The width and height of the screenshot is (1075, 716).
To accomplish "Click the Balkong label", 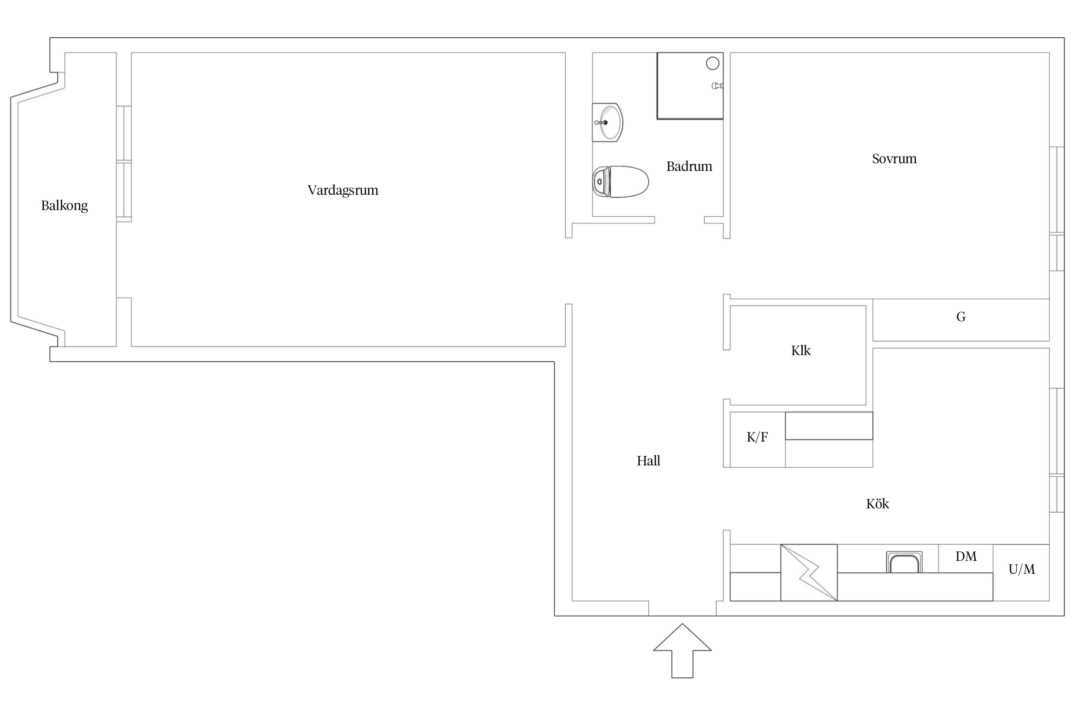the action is coord(64,206).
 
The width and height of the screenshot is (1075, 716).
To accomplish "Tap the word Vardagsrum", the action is coord(343,190).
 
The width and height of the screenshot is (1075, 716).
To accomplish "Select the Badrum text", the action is coord(689,166).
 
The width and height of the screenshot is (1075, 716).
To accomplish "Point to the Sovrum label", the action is coord(894,158).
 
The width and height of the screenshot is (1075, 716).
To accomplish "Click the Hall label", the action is coord(648,461).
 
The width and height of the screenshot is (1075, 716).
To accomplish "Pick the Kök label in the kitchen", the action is coord(878,504).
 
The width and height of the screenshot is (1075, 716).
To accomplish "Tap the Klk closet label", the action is coord(801,350).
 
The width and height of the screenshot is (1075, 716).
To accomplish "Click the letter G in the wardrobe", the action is coord(961,316).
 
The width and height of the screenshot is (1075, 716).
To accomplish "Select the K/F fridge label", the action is coord(757,437).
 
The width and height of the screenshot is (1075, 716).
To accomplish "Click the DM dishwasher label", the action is coord(966,556).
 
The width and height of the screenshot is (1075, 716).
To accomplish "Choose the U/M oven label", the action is coord(1021,569).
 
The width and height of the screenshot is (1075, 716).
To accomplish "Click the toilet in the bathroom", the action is coord(621,182).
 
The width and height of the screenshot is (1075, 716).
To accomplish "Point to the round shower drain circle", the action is coord(712,63).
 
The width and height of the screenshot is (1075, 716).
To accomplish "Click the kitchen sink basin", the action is coord(904,562).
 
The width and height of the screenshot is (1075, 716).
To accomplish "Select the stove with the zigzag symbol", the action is coord(809,572).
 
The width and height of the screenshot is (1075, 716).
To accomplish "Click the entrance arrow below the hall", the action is coord(682,650).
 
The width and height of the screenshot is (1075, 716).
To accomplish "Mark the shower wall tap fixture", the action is coord(717,86).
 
